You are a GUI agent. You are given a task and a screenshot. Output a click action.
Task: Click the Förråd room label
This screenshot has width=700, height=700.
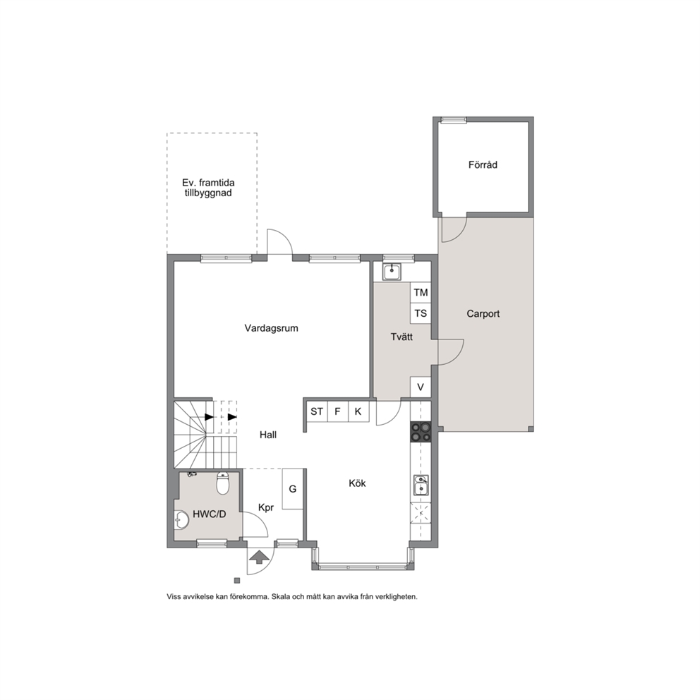click(x=483, y=164)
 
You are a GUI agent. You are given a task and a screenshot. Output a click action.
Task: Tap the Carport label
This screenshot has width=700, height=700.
click(x=483, y=314)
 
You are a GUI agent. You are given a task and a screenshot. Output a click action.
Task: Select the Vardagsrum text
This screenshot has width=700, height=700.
click(x=271, y=328)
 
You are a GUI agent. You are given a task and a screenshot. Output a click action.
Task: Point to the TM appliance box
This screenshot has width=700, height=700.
click(x=421, y=292)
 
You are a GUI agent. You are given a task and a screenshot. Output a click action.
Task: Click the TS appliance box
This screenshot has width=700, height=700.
click(x=421, y=313)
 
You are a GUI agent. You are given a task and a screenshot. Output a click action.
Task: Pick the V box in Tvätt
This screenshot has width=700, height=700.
click(x=421, y=387)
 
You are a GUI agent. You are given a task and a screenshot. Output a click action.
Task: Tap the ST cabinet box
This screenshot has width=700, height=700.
click(x=317, y=411)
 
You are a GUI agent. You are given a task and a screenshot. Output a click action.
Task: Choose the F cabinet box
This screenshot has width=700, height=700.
click(x=338, y=411)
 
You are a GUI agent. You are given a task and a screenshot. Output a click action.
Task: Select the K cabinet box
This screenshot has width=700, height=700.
click(x=358, y=411)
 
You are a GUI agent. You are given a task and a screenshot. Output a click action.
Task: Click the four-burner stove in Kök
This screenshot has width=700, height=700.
click(x=421, y=432)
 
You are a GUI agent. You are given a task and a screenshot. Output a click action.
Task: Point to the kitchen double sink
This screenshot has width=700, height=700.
click(x=421, y=485)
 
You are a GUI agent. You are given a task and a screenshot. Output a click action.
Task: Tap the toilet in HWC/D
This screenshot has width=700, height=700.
click(x=223, y=483)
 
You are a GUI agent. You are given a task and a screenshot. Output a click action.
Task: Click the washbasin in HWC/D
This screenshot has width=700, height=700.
click(x=181, y=519)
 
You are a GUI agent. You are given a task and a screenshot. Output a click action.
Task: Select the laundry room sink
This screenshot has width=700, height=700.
click(x=392, y=272)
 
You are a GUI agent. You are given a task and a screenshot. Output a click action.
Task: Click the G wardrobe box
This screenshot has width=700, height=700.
click(x=293, y=489)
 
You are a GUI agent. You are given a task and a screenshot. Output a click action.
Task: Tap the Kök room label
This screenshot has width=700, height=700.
click(x=357, y=483)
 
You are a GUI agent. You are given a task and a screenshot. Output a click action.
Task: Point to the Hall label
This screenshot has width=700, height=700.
click(x=268, y=435)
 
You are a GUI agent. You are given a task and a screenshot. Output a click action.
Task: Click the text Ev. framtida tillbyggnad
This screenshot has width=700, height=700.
click(x=208, y=188)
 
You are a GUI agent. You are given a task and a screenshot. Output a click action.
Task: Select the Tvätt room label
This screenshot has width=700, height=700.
click(x=402, y=337)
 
